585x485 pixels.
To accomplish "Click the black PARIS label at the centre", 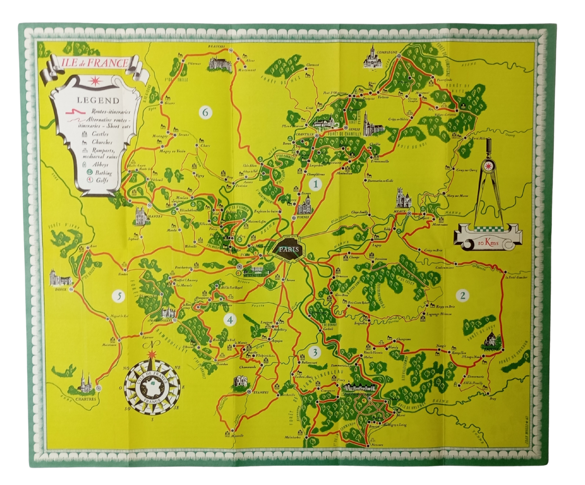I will pos(289,249).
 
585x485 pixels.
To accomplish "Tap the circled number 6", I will pos(205,113).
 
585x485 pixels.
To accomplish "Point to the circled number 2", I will pos(462,296).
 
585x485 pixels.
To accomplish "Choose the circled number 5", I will pos(118,296).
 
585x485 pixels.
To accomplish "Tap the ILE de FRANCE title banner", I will pos(94,63).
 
